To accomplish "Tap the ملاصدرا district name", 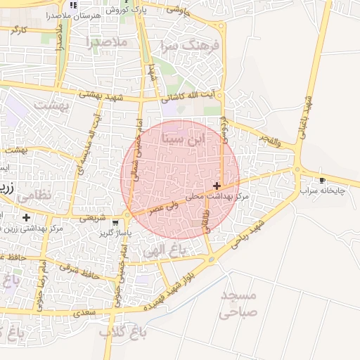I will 106,42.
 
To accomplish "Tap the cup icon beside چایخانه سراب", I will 322,181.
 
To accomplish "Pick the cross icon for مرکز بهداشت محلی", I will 216,186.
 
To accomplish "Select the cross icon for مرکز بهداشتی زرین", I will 26,218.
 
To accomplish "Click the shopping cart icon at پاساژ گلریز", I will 115,223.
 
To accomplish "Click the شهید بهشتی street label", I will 100,95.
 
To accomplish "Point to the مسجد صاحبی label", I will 238,303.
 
